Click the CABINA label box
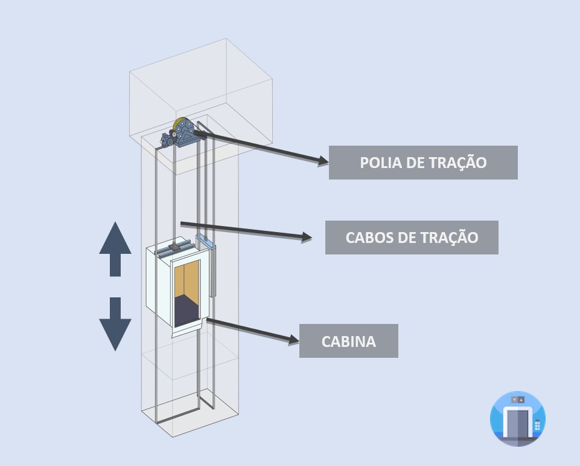tap(348, 341)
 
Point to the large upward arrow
tap(115, 248)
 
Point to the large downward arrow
tap(115, 324)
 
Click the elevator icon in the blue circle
tap(517, 418)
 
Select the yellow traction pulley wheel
tap(179, 126)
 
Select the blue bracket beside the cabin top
tap(205, 242)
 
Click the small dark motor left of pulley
tap(167, 140)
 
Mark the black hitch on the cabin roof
tap(173, 247)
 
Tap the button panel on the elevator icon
tap(537, 424)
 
